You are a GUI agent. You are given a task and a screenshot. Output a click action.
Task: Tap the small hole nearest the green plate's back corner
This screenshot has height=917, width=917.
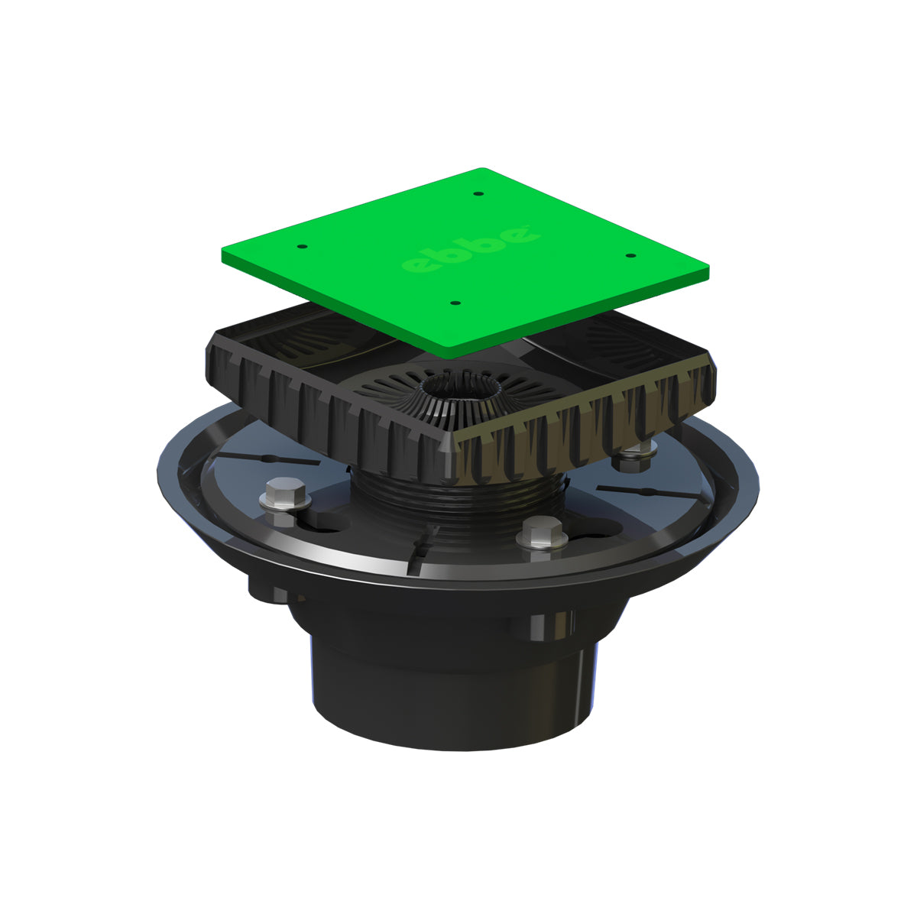(477, 193)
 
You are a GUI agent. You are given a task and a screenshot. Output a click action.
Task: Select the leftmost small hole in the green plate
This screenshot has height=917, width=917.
(301, 247)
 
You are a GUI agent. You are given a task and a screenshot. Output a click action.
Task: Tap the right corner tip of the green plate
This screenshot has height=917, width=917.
(708, 269)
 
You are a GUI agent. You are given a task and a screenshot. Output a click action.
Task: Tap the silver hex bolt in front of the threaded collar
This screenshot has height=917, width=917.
(540, 530)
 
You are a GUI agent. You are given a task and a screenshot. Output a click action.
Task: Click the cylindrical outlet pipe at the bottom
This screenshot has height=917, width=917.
(451, 688)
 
